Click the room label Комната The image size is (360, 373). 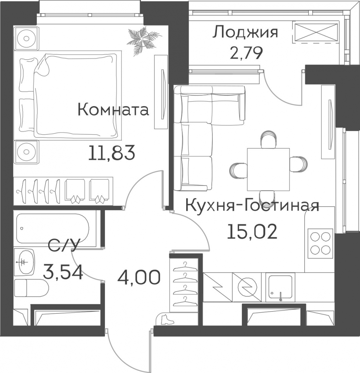click(x=113, y=110)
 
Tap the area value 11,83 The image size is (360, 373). click(x=111, y=152)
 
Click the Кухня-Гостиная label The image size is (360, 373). click(x=252, y=206)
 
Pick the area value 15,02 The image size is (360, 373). click(x=252, y=232)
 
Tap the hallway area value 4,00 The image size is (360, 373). click(x=139, y=277)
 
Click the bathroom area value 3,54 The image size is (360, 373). click(x=63, y=272)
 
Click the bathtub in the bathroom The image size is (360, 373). click(x=53, y=229)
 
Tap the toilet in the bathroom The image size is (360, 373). click(x=31, y=288)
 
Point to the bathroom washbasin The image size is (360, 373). click(x=24, y=262)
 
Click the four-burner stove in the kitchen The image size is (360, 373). click(x=320, y=243)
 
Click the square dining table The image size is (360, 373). click(x=268, y=169)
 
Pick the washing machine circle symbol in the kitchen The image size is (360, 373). click(x=248, y=287)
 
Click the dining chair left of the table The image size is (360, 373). click(x=238, y=171)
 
